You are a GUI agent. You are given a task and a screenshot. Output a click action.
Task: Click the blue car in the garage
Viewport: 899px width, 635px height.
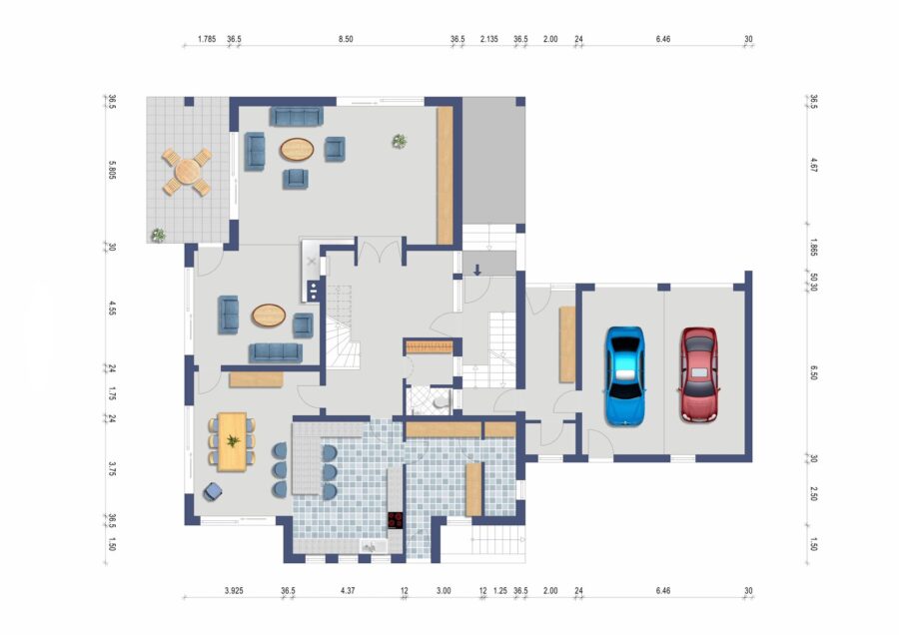click(625, 376)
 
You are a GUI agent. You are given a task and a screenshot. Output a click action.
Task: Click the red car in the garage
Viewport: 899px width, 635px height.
click(699, 374)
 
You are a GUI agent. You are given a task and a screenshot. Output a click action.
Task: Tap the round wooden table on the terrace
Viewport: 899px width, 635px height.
click(188, 171)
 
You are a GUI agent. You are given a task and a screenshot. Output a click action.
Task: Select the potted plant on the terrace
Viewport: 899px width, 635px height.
click(158, 235)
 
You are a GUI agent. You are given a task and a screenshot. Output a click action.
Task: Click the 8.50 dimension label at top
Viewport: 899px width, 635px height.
click(346, 39)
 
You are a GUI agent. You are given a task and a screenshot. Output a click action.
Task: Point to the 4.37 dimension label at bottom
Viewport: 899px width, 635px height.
click(348, 590)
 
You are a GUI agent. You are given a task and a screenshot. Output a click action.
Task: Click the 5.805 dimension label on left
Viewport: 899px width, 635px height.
click(112, 170)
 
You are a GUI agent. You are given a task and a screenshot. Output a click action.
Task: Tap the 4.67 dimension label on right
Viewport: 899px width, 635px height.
click(813, 165)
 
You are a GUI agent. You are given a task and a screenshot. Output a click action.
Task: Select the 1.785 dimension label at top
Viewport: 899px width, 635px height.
click(207, 39)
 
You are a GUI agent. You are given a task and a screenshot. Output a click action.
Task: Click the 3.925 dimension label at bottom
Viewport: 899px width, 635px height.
click(234, 590)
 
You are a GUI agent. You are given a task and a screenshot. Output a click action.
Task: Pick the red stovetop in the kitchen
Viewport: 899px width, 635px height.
click(395, 520)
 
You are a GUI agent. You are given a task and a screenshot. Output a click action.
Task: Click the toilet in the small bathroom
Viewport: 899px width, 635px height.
click(441, 401)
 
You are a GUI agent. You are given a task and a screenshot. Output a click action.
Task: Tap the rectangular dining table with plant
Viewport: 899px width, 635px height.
click(232, 441)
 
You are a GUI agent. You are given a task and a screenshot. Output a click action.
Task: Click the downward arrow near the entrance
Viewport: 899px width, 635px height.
click(477, 270)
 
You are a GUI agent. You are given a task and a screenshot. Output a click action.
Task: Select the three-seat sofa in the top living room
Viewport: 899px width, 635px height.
click(297, 117)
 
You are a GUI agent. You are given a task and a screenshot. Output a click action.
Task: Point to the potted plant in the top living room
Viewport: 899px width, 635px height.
click(399, 141)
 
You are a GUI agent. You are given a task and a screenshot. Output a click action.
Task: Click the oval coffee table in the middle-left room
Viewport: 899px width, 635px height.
click(269, 315)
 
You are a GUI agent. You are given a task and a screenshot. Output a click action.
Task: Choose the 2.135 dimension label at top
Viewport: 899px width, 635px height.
click(489, 39)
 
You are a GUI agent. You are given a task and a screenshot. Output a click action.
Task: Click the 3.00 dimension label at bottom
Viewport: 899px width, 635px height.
click(444, 590)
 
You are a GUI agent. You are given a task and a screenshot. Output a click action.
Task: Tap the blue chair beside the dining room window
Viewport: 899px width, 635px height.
click(213, 491)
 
